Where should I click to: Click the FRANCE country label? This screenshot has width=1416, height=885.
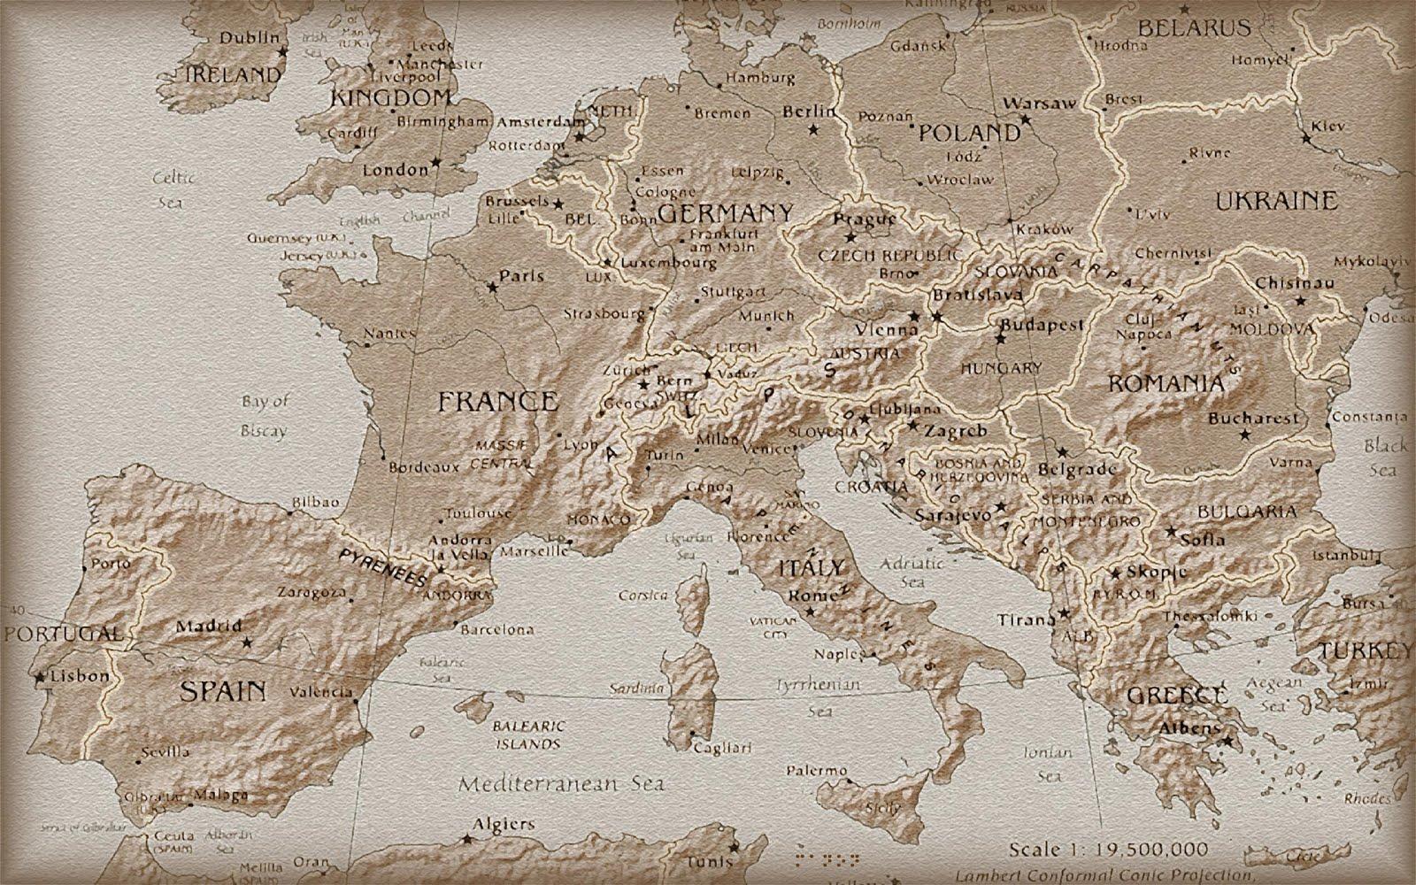(x=498, y=402)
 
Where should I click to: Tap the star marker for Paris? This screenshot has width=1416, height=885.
(x=493, y=287)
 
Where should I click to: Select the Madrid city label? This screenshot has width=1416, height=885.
(x=208, y=627)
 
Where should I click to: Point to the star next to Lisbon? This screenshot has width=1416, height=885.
(x=40, y=678)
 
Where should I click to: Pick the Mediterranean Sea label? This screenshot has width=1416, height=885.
(x=562, y=783)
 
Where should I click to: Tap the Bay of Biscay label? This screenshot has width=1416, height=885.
(x=265, y=416)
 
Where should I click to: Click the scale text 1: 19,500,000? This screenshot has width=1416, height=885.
(x=1111, y=850)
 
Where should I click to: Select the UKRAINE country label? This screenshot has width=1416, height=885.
(x=1275, y=201)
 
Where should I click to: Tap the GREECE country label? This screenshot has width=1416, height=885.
(x=1177, y=695)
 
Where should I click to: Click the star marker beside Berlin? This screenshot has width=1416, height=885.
(x=813, y=129)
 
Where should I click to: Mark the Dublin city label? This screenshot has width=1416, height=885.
(x=249, y=38)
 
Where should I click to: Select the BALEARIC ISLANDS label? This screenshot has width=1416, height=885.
(x=528, y=735)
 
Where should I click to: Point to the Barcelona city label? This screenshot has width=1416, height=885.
(x=498, y=630)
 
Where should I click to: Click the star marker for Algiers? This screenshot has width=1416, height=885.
(x=466, y=837)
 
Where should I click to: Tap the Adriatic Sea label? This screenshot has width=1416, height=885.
(x=912, y=572)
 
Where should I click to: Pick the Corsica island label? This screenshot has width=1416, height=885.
(x=643, y=596)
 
